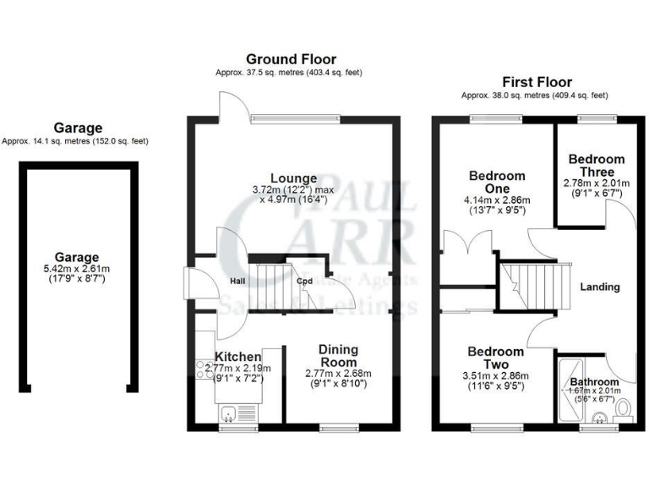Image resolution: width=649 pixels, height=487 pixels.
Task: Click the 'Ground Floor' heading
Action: (291, 59)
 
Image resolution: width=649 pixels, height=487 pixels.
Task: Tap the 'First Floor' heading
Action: (537, 82)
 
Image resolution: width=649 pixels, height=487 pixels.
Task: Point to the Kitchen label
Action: (232, 357)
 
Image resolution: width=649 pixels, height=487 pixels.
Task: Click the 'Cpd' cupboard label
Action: (304, 282)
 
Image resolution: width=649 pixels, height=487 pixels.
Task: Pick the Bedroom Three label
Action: (596, 166)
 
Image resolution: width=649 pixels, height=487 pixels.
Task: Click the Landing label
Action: (600, 287)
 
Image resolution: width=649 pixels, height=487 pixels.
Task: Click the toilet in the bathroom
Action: (624, 410)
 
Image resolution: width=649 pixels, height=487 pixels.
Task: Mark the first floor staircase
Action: (528, 283)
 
